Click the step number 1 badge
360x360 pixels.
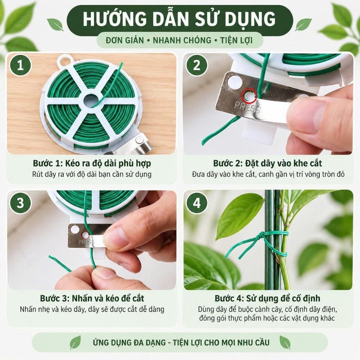pos(20,65)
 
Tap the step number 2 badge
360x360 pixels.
pos(197,65)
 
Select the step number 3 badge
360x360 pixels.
pos(20,203)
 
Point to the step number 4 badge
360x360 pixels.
pos(197,203)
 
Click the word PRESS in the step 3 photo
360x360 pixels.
pos(86,242)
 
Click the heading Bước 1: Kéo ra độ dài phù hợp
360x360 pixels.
pos(92,163)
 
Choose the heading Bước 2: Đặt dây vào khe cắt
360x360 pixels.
pos(268,163)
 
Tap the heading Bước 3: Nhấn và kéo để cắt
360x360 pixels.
pos(92,298)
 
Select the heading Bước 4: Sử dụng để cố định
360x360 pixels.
pos(268,298)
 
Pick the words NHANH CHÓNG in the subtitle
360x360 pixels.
pos(182,40)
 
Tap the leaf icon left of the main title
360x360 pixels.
pos(56,25)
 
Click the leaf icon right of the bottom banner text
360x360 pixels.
pos(285,342)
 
